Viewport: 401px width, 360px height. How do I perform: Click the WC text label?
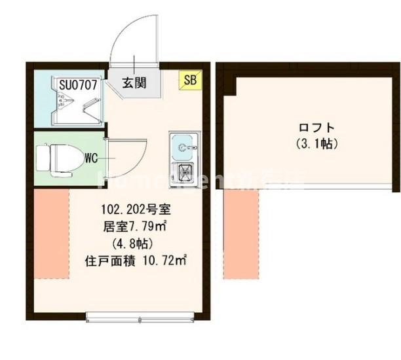tap(91, 157)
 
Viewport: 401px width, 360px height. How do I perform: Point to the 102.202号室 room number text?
tap(136, 211)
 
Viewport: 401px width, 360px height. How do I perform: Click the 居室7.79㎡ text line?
tap(136, 227)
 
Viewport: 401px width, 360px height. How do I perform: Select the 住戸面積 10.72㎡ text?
tap(136, 261)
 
